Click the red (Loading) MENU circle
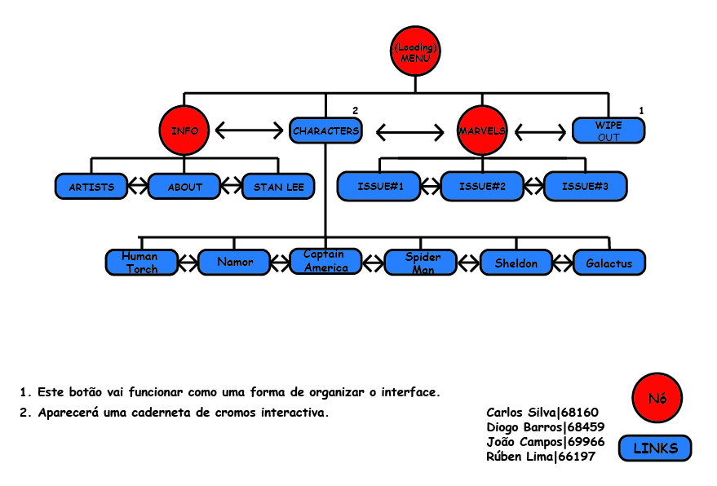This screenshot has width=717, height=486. [415, 52]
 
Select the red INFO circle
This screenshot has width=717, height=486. [184, 130]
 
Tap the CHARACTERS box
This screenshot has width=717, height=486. [325, 130]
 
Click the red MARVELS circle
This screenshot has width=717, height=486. [482, 130]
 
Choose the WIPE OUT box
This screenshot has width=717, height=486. [609, 130]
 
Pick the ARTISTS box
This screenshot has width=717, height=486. [91, 187]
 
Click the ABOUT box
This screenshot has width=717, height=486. [184, 187]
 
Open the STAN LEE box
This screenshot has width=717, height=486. [278, 187]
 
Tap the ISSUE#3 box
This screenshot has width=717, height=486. [585, 187]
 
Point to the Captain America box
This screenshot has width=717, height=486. [325, 262]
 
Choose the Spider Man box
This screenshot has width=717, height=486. [423, 263]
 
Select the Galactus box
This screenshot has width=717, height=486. [609, 263]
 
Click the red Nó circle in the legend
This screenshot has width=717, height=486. [657, 399]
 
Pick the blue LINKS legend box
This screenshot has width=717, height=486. [655, 448]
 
